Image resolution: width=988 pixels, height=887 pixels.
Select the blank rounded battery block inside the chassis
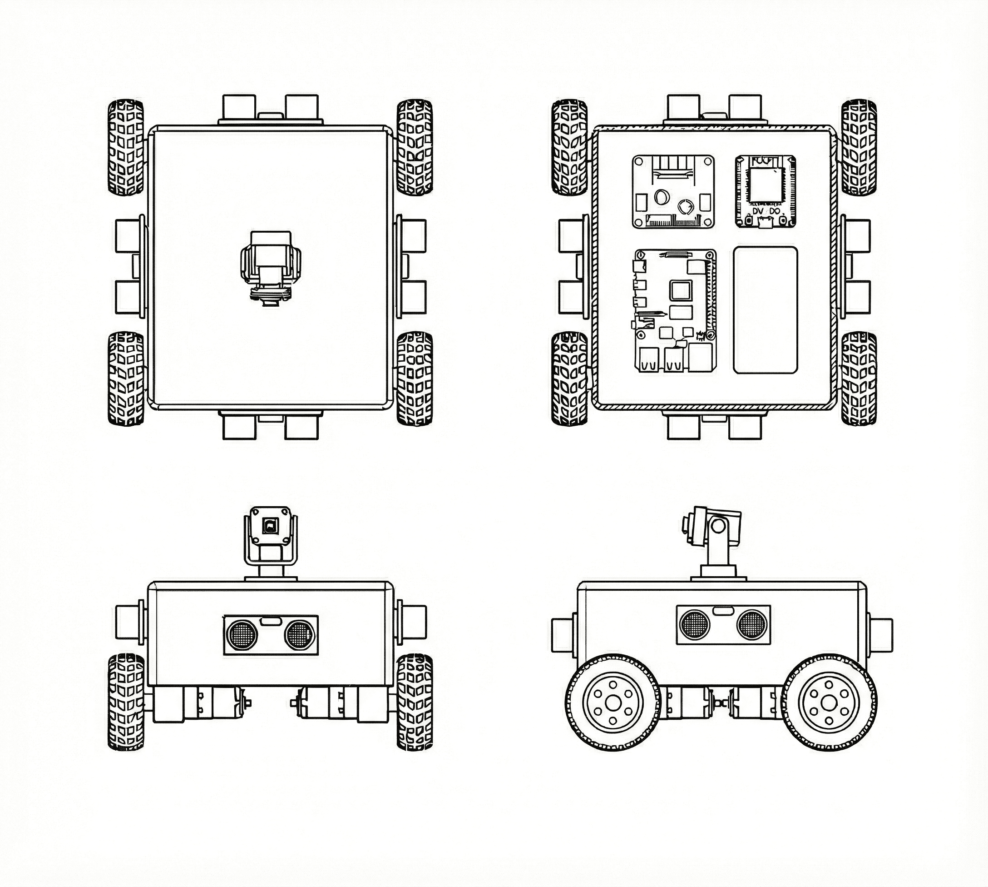pyautogui.click(x=766, y=310)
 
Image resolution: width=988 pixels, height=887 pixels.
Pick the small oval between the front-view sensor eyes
pyautogui.click(x=270, y=621)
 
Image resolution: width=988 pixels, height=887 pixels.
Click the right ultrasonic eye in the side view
pyautogui.click(x=751, y=624)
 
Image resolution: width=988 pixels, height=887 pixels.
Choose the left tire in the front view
pyautogui.click(x=125, y=702)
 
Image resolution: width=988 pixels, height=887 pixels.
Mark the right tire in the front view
pyautogui.click(x=415, y=702)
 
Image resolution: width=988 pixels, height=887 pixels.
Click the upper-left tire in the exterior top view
pyautogui.click(x=125, y=148)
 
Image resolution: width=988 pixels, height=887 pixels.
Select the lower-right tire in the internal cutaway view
pyautogui.click(x=859, y=379)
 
